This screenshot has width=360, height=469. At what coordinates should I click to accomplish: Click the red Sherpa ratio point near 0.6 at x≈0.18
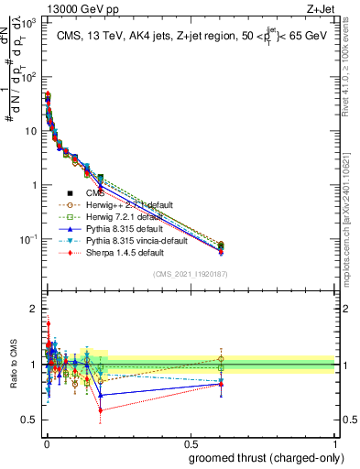[x=99, y=410]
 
